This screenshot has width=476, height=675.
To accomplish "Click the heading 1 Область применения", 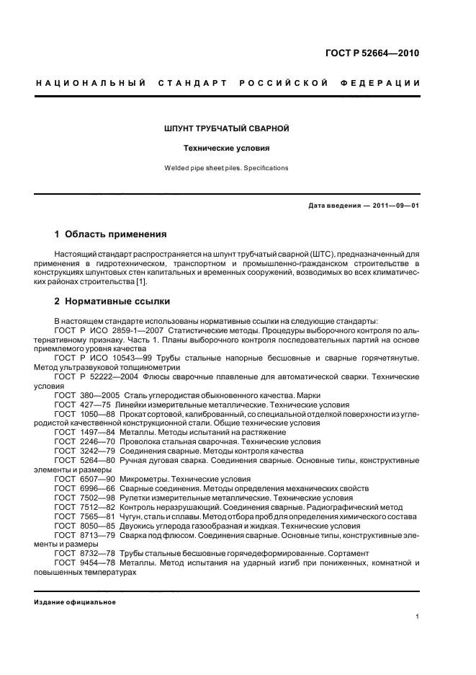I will coord(111,234).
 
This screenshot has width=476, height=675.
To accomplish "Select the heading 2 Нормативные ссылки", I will coord(112,301).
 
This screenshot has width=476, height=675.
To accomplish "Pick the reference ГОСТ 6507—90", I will coord(79,479).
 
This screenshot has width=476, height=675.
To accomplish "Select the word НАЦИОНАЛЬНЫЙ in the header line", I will coord(87,84).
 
